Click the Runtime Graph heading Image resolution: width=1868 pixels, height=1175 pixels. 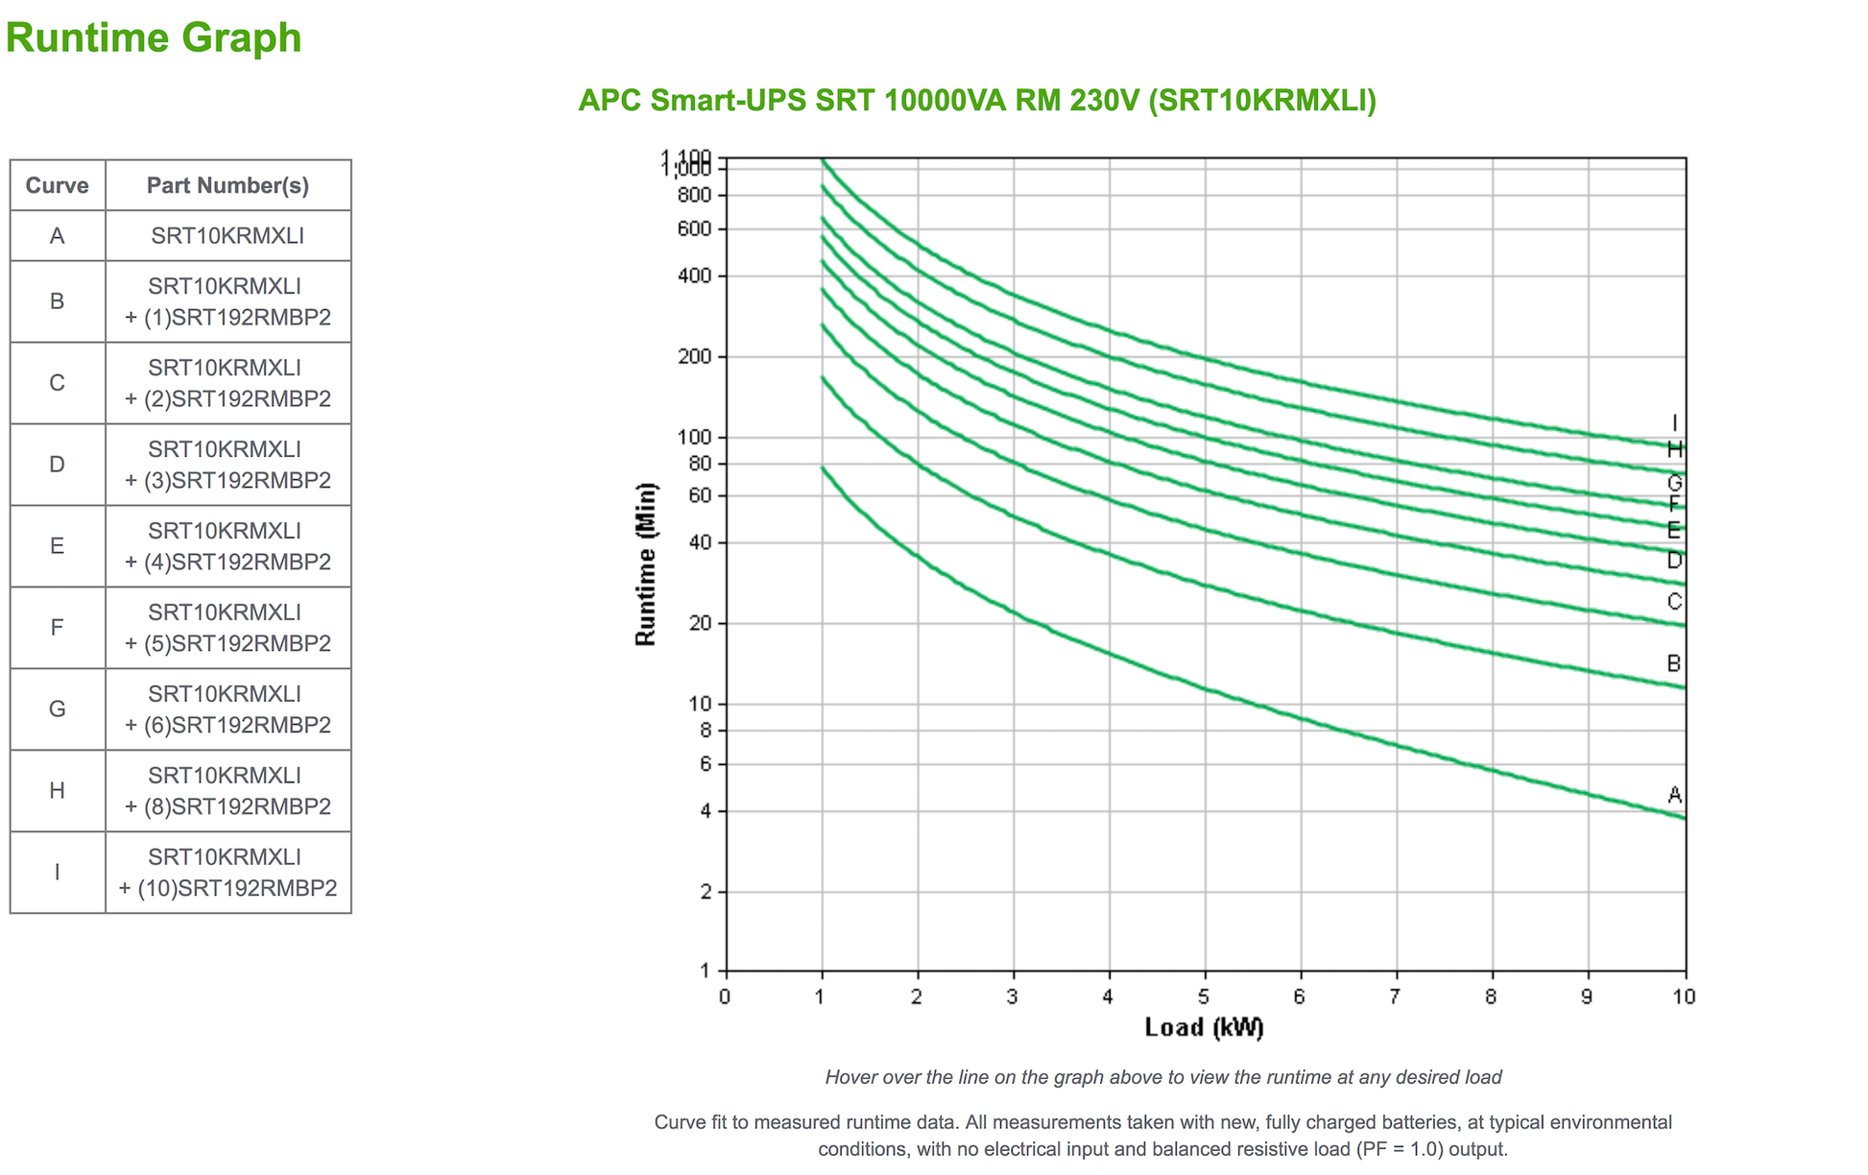(154, 38)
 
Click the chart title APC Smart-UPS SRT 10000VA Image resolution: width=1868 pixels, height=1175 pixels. (976, 100)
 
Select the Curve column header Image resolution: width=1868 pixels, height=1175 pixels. (57, 185)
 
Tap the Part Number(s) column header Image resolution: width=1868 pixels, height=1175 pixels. (228, 185)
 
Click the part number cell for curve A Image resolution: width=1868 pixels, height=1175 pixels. (228, 235)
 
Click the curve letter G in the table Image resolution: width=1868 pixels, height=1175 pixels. (57, 709)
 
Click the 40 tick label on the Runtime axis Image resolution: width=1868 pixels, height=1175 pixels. (702, 542)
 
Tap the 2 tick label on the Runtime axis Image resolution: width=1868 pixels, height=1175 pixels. (706, 892)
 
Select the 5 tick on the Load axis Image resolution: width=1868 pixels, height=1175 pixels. (1204, 996)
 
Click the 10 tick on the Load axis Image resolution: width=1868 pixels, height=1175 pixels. (1684, 996)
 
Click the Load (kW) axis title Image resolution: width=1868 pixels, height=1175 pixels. (1204, 1027)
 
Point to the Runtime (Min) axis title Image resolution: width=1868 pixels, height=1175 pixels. (646, 564)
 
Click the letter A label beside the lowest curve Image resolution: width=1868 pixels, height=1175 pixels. (1674, 795)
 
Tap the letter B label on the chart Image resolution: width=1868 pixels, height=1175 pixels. (1674, 663)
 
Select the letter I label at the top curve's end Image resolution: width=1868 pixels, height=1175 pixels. (1674, 423)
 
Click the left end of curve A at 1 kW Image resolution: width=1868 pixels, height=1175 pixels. (823, 468)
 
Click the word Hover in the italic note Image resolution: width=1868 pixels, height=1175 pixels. (850, 1077)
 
